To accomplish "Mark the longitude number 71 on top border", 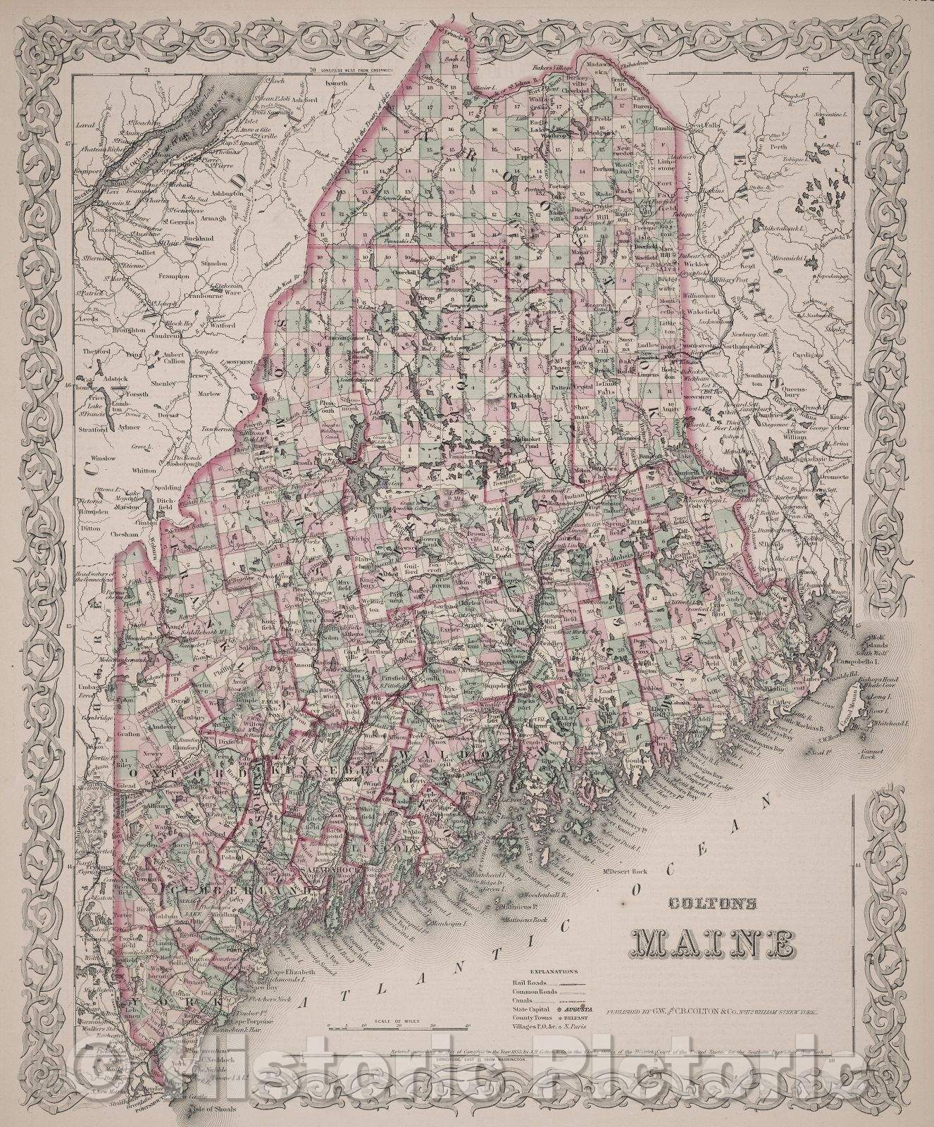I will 147,70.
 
